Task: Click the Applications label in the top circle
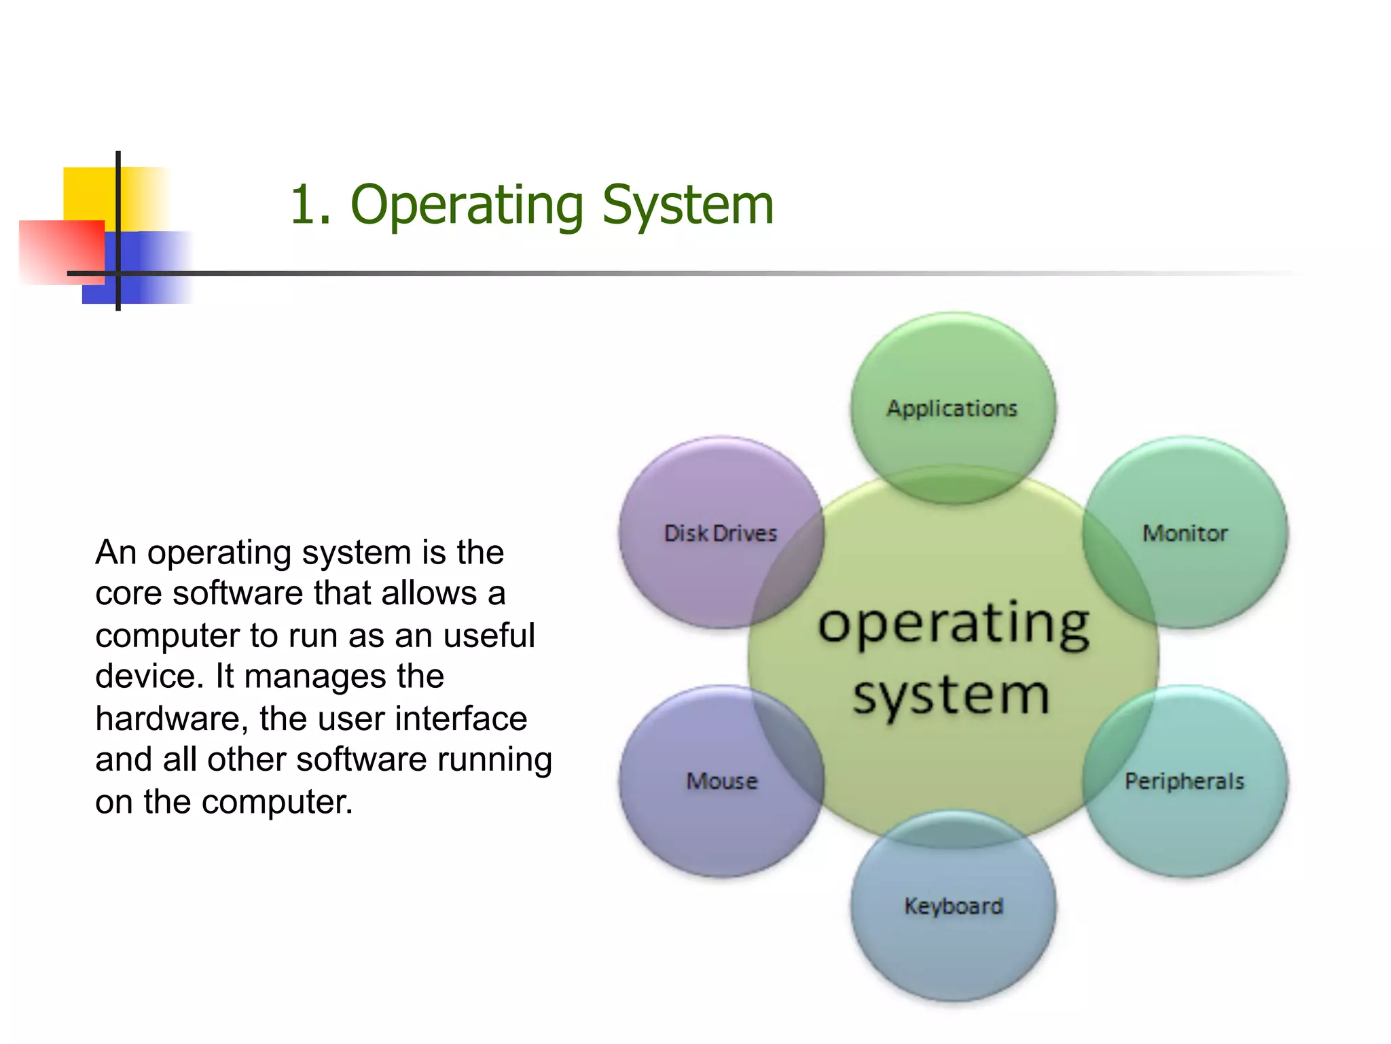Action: click(952, 408)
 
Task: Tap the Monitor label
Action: click(1185, 534)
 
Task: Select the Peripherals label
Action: click(1185, 782)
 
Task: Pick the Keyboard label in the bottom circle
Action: click(954, 906)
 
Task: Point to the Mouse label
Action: click(721, 782)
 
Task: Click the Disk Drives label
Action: click(720, 534)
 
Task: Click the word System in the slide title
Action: click(687, 205)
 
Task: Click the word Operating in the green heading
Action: click(467, 206)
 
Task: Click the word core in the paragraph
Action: click(128, 594)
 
